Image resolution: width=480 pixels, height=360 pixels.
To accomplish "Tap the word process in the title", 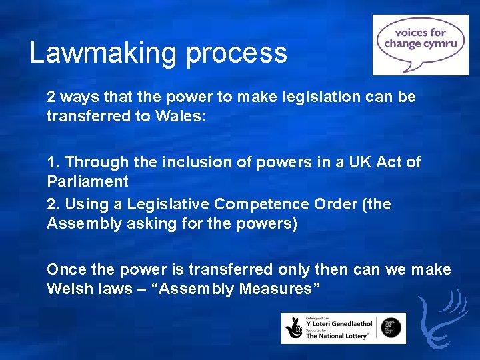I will click(x=237, y=54).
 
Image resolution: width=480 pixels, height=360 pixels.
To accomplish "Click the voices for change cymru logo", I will click(x=420, y=44).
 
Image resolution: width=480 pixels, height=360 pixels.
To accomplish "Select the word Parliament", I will click(x=87, y=181).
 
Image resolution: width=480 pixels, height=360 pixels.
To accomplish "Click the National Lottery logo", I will click(x=343, y=328).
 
